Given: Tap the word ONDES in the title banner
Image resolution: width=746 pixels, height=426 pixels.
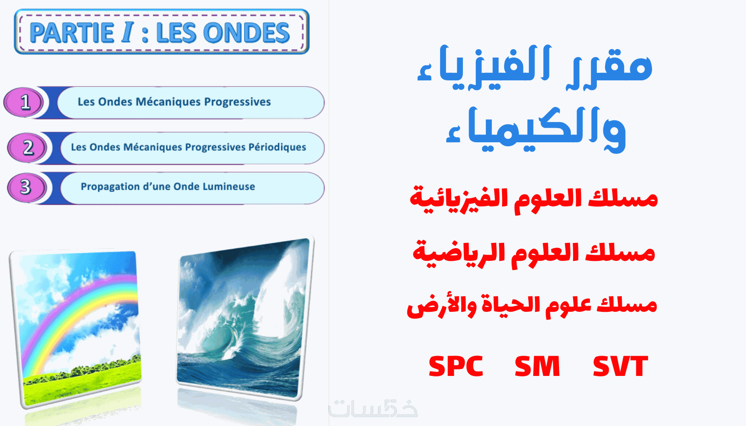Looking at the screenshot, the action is click(247, 32).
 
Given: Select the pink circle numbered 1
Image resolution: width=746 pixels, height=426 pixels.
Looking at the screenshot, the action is click(24, 102).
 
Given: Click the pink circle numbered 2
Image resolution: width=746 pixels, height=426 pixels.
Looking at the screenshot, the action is click(27, 147).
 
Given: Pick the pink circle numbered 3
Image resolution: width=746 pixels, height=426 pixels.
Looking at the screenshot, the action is click(27, 188).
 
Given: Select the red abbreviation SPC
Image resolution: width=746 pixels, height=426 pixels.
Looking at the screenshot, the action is click(456, 366).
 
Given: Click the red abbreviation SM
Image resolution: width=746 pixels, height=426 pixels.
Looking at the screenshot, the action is click(537, 366).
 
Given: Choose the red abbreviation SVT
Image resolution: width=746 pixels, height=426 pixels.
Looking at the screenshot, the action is click(621, 366).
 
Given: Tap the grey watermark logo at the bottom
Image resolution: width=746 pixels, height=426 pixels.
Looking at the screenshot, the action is click(373, 408).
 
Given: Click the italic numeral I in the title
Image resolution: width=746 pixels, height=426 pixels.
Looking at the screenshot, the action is click(128, 32).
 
